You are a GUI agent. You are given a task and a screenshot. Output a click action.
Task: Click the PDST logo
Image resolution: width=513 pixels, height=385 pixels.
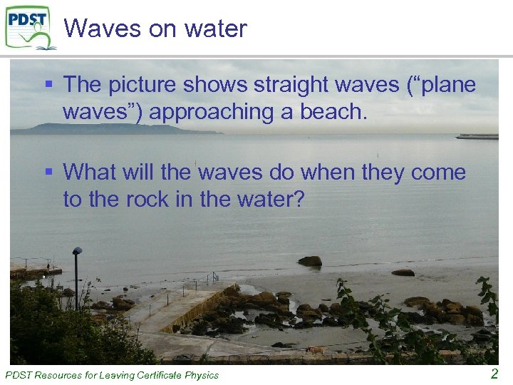click(x=28, y=28)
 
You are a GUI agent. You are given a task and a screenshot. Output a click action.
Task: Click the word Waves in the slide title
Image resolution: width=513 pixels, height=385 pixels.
click(x=96, y=29)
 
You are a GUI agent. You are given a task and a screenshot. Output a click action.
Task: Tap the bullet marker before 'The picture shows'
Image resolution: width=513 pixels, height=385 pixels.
click(x=49, y=85)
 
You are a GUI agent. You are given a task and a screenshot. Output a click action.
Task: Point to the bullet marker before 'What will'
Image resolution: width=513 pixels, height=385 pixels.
click(x=49, y=173)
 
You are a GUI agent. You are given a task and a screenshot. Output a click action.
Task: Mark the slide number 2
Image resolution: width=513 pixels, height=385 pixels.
click(x=494, y=373)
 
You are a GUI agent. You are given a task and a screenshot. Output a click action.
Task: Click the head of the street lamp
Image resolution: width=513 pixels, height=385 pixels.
click(x=77, y=251)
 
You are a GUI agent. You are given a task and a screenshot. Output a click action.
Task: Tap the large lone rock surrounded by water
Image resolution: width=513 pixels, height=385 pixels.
click(x=310, y=262)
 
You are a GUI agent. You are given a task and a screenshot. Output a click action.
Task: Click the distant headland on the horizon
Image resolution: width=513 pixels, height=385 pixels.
click(x=107, y=129)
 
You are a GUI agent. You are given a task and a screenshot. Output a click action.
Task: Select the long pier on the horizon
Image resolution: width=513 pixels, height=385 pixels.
click(x=477, y=136)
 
